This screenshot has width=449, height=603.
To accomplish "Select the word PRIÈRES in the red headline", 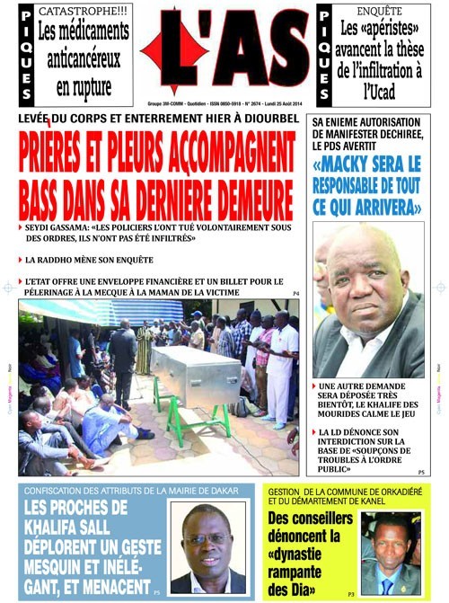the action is point(68,156).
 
